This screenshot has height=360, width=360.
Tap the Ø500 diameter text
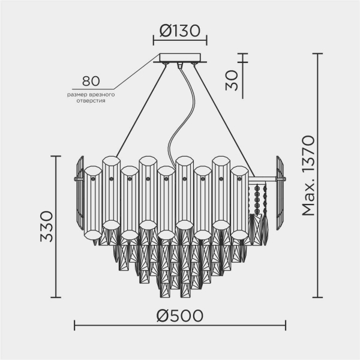180,316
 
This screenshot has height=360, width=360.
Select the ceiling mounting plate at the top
180,59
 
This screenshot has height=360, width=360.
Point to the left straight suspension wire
141,108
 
